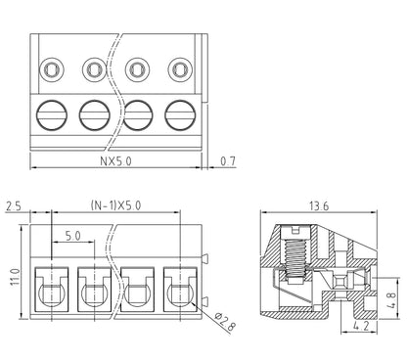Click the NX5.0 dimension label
115,161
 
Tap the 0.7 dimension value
228,161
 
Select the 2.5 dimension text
14,206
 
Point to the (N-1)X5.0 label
115,205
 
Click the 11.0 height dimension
16,277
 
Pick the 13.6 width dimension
319,206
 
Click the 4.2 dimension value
361,326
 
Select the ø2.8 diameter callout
225,322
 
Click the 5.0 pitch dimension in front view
72,236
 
